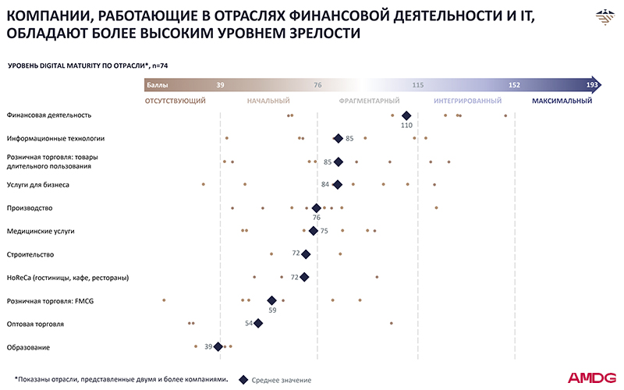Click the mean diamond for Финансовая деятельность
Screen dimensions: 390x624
(x=406, y=115)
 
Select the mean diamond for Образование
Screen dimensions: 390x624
(x=218, y=346)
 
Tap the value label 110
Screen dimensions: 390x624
(x=406, y=125)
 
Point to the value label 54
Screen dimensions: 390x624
(x=250, y=323)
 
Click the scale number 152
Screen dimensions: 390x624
(x=514, y=84)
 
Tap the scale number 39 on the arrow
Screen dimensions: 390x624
(x=221, y=84)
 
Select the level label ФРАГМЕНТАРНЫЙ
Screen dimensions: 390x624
(x=370, y=101)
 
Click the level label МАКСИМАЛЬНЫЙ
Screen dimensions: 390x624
(x=562, y=101)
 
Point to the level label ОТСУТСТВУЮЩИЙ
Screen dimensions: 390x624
(x=175, y=101)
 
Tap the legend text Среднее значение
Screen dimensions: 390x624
(x=282, y=380)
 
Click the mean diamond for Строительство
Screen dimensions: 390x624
(x=307, y=254)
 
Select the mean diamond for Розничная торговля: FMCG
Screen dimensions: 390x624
(x=272, y=300)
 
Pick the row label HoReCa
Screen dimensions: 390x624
(x=67, y=277)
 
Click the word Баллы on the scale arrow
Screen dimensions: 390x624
(x=157, y=84)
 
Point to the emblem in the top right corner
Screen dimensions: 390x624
(x=604, y=16)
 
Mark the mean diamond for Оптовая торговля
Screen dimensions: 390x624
(x=259, y=323)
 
